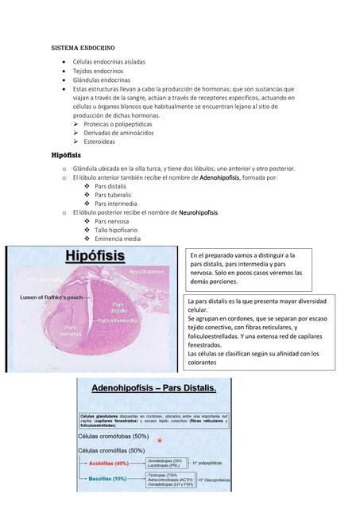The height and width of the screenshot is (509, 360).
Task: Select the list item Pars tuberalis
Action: pyautogui.click(x=113, y=195)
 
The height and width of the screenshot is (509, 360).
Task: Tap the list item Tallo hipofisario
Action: pyautogui.click(x=118, y=230)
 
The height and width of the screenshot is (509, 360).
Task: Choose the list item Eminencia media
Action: pyautogui.click(x=118, y=239)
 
